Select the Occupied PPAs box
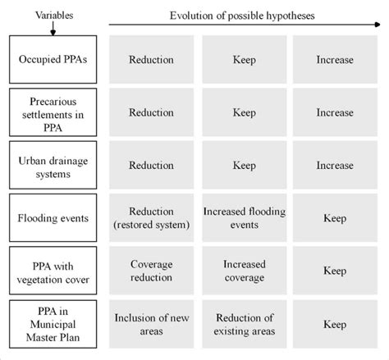coord(53,60)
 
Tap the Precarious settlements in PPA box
coord(53,112)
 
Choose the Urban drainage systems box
coord(53,165)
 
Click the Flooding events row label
coord(53,218)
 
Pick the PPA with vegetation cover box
coord(53,270)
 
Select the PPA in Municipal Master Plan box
coord(53,324)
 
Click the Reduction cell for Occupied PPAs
coord(151,60)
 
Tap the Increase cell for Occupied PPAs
coord(334,60)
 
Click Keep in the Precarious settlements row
coord(244,112)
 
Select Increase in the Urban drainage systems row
coord(334,165)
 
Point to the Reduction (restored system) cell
coord(151,218)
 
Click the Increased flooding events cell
coord(244,218)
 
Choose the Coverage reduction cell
coord(151,270)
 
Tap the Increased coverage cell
coord(244,270)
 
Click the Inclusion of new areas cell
coord(151,324)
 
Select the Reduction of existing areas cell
coord(244,324)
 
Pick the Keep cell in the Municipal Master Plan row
coord(334,324)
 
